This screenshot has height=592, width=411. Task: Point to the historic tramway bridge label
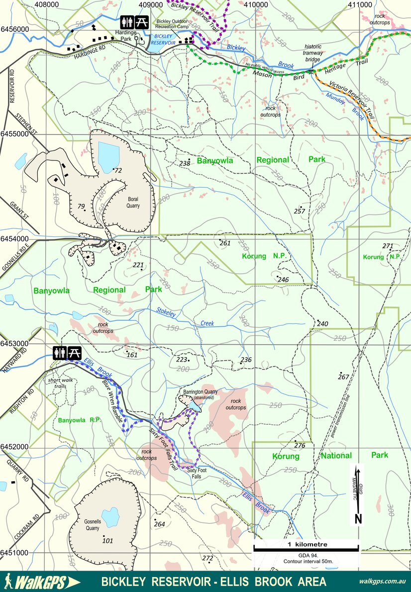[x=313, y=53]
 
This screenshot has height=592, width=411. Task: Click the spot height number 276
[x=300, y=445]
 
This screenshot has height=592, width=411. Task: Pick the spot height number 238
[x=185, y=163]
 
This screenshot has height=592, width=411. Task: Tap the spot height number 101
[x=107, y=541]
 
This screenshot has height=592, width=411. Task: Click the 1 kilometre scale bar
[x=306, y=548]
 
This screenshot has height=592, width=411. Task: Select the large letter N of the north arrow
[x=358, y=519]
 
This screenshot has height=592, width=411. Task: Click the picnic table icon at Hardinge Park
[x=142, y=22]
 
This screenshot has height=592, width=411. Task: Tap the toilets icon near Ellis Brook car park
[x=60, y=353]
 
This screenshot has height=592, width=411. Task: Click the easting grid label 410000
[x=255, y=4]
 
